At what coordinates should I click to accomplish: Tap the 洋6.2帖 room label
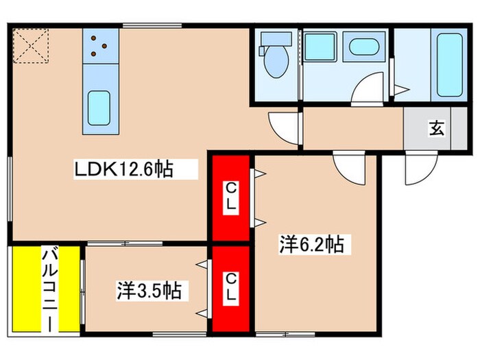pos(311,243)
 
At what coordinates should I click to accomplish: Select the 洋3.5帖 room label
pos(148,291)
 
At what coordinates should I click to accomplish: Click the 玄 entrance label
pos(435,128)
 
